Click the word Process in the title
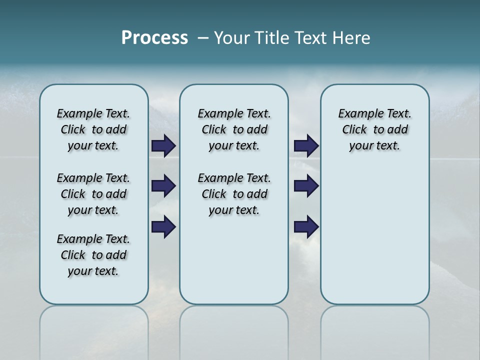point(154,37)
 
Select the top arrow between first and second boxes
point(163,145)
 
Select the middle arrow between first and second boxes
point(163,186)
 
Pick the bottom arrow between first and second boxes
point(163,226)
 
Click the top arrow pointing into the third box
point(306,145)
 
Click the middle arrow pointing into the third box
point(306,186)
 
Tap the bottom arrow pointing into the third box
point(306,226)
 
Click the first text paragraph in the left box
point(93,129)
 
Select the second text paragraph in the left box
point(93,194)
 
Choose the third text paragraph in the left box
point(93,255)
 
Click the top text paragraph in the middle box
point(234,129)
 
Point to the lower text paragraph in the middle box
point(234,194)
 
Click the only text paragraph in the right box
point(374,129)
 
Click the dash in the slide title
point(203,38)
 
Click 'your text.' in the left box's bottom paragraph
point(93,271)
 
